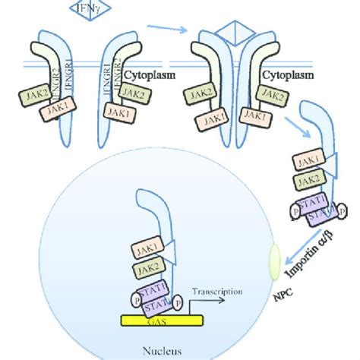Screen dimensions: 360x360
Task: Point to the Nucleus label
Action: click(x=159, y=351)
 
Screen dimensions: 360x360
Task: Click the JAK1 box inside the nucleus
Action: click(x=146, y=248)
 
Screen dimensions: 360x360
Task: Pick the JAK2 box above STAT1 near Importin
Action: click(x=308, y=181)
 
